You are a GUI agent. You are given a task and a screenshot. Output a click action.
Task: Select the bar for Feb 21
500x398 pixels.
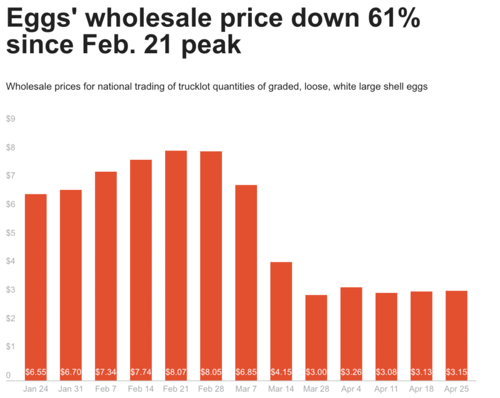(x=176, y=262)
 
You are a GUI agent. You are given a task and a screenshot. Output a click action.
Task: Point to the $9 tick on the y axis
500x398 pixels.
(x=11, y=119)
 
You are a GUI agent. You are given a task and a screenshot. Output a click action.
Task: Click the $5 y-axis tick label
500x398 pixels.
(x=11, y=233)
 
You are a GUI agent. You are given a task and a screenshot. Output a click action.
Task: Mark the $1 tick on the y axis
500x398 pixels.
(x=11, y=347)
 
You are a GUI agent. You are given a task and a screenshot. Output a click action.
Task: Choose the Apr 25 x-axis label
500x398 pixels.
(x=457, y=389)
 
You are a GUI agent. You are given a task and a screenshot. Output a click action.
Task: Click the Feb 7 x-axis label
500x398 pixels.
(x=106, y=389)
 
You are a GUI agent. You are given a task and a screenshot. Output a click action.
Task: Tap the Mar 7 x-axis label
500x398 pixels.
(x=246, y=389)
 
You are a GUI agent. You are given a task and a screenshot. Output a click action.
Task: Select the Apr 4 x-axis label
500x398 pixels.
(x=351, y=389)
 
